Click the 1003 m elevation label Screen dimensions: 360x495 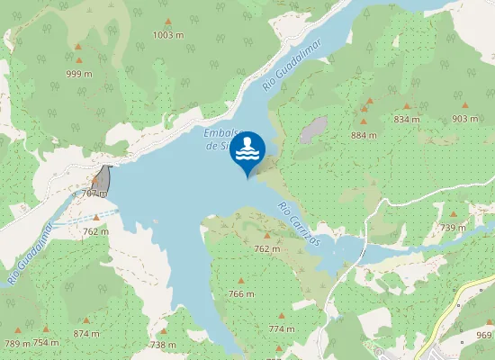[168, 35]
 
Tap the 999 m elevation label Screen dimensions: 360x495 [79, 73]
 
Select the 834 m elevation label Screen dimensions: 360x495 [407, 119]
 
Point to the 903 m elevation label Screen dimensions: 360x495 [465, 119]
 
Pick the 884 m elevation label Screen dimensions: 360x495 [364, 136]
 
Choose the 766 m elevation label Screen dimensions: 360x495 [241, 294]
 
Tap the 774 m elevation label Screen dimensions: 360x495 [281, 329]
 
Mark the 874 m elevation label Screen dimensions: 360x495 [86, 334]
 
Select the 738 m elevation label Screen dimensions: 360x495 [163, 345]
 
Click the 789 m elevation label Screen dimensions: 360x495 [17, 343]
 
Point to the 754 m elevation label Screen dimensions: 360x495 [46, 343]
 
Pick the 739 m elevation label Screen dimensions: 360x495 [453, 229]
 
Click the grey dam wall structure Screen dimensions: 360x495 [105, 178]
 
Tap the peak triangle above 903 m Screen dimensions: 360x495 [465, 106]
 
